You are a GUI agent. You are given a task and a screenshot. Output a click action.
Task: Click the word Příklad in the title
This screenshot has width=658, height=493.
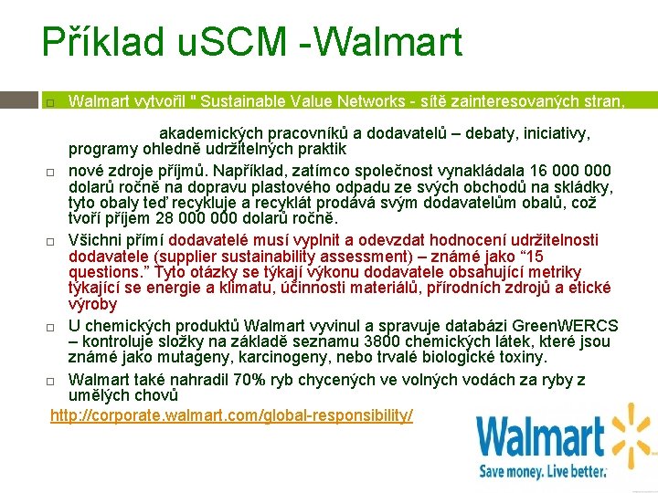[102, 43]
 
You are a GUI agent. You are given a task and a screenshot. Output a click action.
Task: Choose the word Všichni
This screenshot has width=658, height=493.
[96, 240]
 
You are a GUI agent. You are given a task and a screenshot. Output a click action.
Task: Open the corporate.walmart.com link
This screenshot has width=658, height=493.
[231, 415]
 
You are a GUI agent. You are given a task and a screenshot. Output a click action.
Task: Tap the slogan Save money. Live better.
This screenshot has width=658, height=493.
[543, 471]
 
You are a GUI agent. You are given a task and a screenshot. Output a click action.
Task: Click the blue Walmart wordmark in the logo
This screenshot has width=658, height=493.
[541, 437]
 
